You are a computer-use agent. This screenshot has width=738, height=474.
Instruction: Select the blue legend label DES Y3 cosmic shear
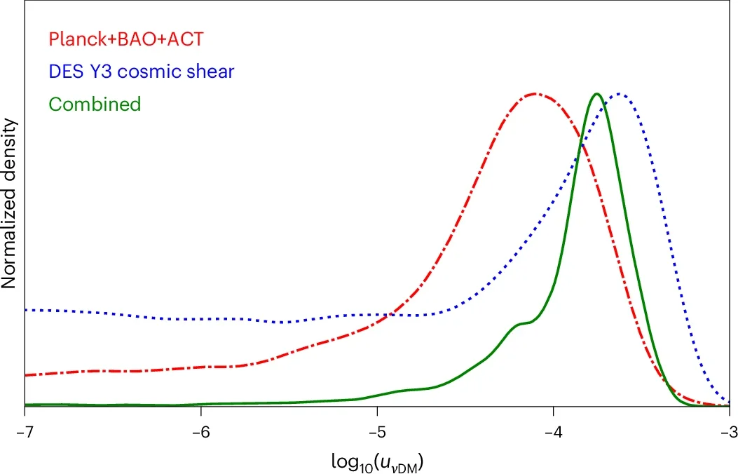tap(141, 72)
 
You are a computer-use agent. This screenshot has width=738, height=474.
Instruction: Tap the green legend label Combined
tap(95, 104)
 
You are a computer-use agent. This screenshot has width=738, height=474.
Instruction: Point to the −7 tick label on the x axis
tap(25, 430)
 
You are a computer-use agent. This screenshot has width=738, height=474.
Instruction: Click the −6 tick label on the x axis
tap(200, 430)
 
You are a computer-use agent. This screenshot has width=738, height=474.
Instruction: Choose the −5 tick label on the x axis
tap(377, 430)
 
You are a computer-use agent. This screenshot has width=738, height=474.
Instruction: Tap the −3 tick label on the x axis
tap(729, 430)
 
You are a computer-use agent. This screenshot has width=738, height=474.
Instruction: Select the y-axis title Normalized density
tap(9, 203)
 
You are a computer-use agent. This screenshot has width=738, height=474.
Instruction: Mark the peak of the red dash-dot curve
tap(535, 93)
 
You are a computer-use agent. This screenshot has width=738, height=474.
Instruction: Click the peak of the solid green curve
tap(596, 93)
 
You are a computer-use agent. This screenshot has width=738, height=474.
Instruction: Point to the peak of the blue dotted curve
tap(619, 93)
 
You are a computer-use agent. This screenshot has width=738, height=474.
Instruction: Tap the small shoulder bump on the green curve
tap(522, 323)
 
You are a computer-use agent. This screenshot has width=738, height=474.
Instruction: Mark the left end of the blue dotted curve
tap(26, 309)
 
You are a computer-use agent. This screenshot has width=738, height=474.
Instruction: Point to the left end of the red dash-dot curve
tap(26, 375)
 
